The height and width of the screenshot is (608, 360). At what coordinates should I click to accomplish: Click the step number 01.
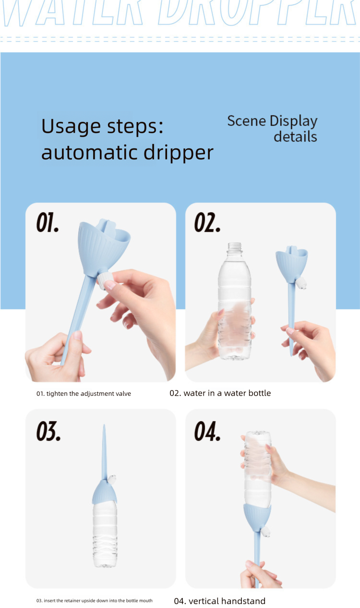[x=48, y=223]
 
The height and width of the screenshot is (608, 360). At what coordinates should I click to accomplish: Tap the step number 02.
[x=207, y=223]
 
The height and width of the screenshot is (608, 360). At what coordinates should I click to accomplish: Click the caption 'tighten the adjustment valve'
[x=84, y=394]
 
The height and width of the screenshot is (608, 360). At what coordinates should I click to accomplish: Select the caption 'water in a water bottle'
[x=220, y=393]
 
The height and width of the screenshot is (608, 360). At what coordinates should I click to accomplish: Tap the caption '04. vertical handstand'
[x=219, y=601]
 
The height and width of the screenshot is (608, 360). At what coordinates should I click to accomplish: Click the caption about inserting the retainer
[x=95, y=601]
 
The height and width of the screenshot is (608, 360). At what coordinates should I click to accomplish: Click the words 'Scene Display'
[x=272, y=121]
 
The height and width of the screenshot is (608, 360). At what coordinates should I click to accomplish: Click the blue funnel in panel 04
[x=258, y=516]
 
